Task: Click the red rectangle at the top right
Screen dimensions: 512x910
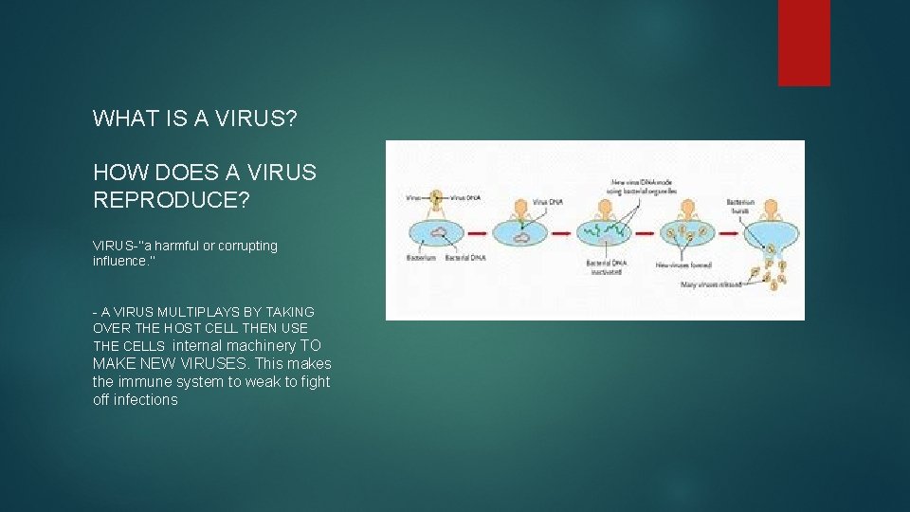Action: coord(804,43)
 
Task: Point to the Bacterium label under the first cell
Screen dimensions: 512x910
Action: coord(422,257)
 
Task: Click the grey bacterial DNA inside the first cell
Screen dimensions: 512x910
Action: coord(439,230)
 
